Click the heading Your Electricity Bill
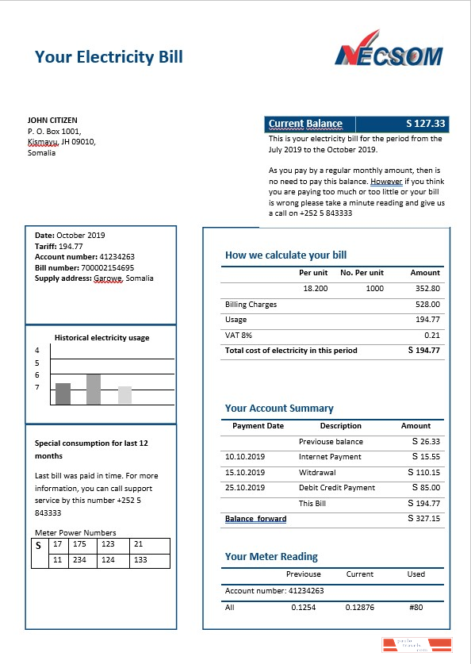click(109, 56)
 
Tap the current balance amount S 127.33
click(426, 124)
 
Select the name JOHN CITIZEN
click(52, 121)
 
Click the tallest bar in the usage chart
click(94, 389)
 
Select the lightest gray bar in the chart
click(124, 395)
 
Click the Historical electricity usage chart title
click(101, 337)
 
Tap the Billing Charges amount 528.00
click(427, 304)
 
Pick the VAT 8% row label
click(238, 335)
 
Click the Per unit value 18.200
click(315, 289)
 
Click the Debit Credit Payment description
click(337, 488)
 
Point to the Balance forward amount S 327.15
click(423, 518)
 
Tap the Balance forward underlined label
click(255, 519)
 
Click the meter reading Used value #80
click(416, 607)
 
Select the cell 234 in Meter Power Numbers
click(79, 560)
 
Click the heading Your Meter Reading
click(271, 556)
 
